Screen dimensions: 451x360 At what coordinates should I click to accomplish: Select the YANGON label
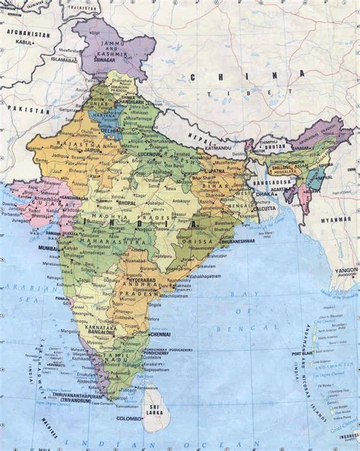[x=346, y=269]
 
